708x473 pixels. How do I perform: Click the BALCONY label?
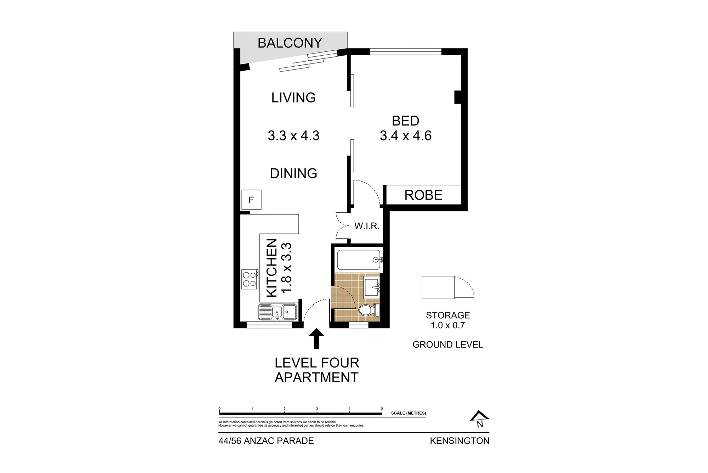[x=290, y=43]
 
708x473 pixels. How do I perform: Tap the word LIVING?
[x=293, y=98]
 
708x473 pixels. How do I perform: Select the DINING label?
[x=293, y=173]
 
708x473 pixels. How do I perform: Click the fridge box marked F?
[x=251, y=200]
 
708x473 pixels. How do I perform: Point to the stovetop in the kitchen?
[x=250, y=278]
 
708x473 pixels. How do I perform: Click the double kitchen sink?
[x=278, y=312]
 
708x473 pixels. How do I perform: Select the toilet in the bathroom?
[x=369, y=311]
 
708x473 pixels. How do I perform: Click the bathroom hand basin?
[x=372, y=288]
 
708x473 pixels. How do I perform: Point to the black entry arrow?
[x=316, y=339]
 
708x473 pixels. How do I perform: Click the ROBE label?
[x=423, y=195]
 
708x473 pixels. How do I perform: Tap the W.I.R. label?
[x=367, y=226]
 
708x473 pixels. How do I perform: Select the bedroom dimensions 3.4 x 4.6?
[x=406, y=136]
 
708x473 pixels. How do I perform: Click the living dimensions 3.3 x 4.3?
[x=293, y=136]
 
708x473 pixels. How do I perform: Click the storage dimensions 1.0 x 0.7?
[x=447, y=325]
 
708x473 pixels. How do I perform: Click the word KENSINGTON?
[x=459, y=441]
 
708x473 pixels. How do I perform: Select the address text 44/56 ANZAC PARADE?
[x=266, y=441]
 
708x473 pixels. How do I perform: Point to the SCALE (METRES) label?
[x=409, y=413]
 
